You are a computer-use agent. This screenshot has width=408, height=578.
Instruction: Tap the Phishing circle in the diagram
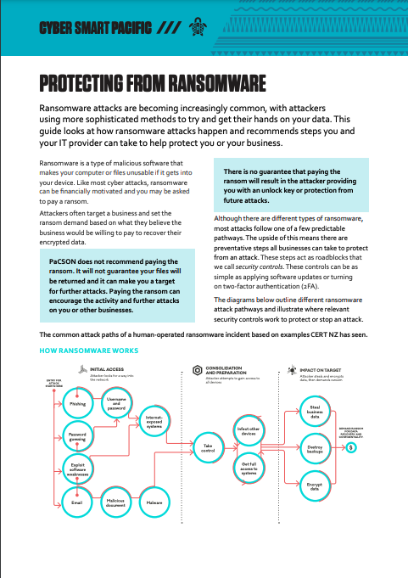click(77, 404)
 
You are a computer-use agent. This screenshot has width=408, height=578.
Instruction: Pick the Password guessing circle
click(77, 437)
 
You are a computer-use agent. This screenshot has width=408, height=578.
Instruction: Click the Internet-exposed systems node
click(154, 422)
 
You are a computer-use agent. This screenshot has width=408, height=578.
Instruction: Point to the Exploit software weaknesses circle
click(77, 469)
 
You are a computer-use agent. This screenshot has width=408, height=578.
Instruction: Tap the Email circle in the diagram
click(77, 502)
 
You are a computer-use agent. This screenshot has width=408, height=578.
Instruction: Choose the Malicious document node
click(116, 502)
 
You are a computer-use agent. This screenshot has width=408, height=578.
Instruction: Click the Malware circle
click(154, 502)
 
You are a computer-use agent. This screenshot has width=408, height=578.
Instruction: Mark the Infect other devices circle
click(249, 430)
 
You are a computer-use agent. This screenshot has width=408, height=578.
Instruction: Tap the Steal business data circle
click(315, 413)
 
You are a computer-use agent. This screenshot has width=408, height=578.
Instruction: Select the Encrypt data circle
click(315, 486)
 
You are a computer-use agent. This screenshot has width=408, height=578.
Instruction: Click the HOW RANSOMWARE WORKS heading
click(89, 350)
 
